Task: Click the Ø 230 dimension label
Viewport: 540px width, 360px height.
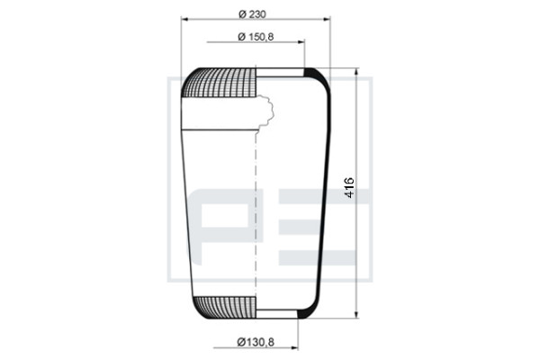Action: [252, 14]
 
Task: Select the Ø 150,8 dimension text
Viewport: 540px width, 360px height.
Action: [256, 37]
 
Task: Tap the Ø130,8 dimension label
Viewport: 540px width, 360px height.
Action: [256, 342]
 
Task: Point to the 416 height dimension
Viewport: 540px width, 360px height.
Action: [349, 187]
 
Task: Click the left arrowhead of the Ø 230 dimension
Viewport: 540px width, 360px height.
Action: [184, 19]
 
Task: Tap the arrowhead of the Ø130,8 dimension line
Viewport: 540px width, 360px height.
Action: [294, 348]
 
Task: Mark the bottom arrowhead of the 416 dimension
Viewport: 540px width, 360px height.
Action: [356, 314]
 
